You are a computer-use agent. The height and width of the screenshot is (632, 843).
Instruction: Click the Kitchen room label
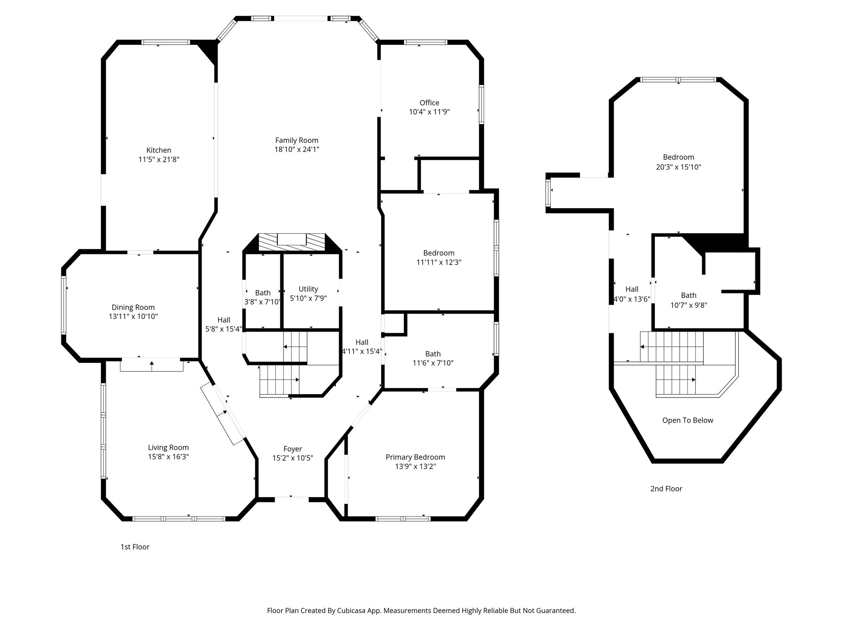158,151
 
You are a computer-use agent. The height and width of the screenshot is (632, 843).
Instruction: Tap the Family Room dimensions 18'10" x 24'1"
297,150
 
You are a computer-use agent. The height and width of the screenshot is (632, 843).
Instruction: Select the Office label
429,103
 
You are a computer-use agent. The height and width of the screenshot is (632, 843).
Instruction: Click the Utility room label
308,289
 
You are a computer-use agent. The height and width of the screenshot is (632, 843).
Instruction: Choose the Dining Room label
133,307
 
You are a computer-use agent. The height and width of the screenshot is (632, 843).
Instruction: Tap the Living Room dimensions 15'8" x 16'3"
168,457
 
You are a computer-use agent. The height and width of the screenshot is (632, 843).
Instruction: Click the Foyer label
293,449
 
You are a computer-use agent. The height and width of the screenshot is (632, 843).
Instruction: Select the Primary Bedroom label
415,457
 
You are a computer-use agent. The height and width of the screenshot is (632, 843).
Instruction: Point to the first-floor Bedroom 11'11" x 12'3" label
439,253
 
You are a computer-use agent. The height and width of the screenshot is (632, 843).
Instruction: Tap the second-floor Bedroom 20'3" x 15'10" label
678,157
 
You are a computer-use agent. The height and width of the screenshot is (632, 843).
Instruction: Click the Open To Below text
687,421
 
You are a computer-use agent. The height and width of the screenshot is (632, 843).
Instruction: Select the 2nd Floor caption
666,489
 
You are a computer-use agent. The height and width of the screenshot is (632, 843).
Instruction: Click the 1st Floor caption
135,547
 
